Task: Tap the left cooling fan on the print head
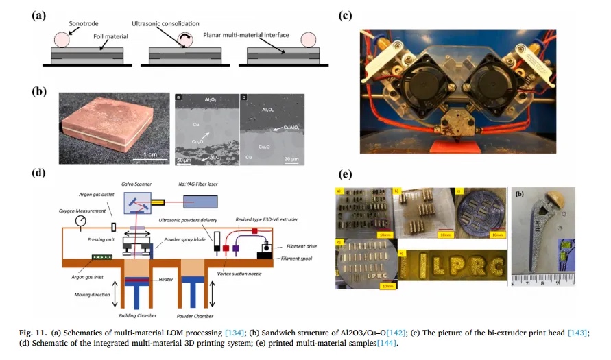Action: coord(420,76)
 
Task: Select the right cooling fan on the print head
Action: coord(492,76)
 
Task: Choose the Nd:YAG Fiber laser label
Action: coord(201,184)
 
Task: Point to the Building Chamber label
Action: coord(140,316)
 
